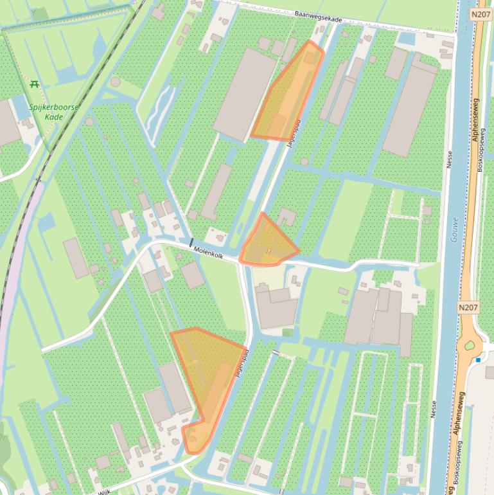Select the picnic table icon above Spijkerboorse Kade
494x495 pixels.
pyautogui.click(x=35, y=84)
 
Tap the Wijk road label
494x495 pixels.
pyautogui.click(x=105, y=491)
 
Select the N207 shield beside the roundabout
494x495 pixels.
pyautogui.click(x=468, y=309)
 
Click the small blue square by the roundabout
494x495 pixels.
pyautogui.click(x=478, y=360)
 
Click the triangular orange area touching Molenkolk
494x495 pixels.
pyautogui.click(x=267, y=243)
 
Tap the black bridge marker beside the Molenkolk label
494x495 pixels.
pyautogui.click(x=191, y=242)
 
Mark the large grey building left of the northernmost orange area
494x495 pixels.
pyautogui.click(x=245, y=94)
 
